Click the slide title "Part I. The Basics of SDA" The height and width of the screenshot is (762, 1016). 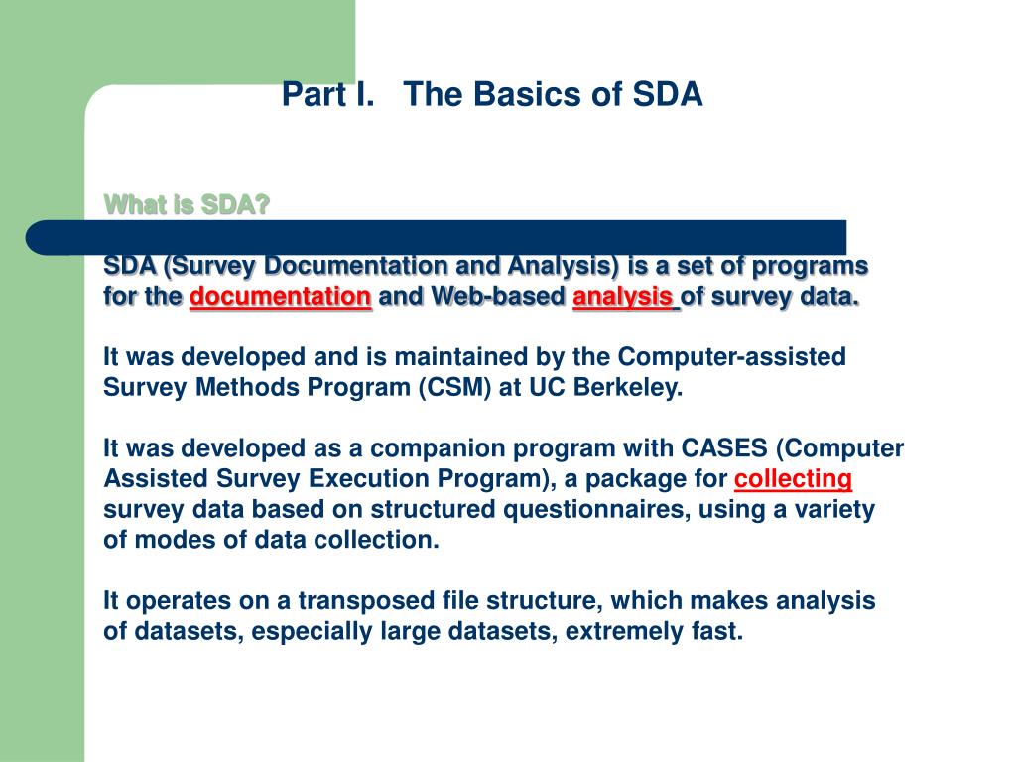492,94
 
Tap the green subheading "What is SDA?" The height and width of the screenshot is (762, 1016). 187,204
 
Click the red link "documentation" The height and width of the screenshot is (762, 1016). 281,297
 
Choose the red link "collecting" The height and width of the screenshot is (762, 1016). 793,479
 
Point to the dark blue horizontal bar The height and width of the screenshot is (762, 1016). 437,237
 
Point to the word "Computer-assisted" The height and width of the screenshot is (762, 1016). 731,357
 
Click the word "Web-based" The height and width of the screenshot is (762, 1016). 498,296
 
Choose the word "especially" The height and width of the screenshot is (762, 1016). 312,632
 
